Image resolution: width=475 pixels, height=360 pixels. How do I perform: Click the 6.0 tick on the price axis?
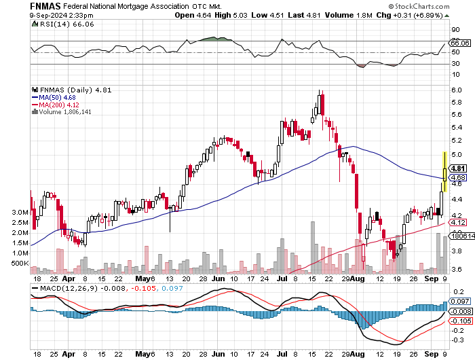457,90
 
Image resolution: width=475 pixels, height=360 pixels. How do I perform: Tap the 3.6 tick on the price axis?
457,270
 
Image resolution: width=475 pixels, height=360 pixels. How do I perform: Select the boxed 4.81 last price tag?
458,168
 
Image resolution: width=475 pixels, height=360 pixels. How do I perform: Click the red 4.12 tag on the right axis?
458,222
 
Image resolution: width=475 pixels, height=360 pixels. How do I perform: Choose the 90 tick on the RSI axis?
455,29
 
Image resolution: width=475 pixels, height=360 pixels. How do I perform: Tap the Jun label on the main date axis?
218,278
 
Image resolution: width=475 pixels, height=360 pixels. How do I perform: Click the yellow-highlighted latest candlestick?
444,171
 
